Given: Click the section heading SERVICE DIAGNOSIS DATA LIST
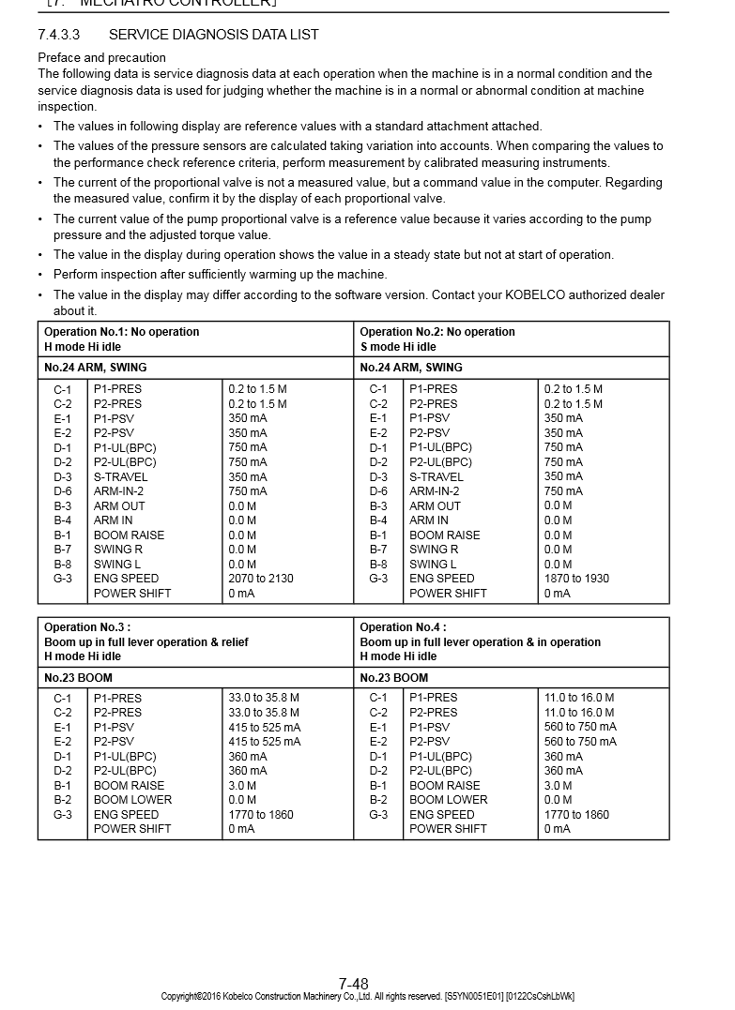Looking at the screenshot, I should (x=213, y=35).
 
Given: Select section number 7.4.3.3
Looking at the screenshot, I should (x=58, y=35).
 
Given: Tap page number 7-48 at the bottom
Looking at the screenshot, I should (x=353, y=984).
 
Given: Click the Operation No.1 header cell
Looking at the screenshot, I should (x=122, y=339).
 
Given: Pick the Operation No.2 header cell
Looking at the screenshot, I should (x=437, y=339).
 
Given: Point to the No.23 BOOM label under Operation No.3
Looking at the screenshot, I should (x=78, y=677).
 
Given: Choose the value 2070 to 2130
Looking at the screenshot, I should (x=260, y=579).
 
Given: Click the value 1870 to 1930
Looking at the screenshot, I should (x=576, y=579).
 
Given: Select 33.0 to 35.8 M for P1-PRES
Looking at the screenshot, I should (x=264, y=698).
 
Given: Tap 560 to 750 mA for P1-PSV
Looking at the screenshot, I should (x=580, y=727).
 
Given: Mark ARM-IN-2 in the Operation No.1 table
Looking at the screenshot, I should (x=119, y=491).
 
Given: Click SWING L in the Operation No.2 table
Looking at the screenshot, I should (x=433, y=565).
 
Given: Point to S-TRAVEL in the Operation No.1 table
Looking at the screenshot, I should (x=120, y=476).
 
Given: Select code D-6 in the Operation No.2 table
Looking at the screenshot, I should (x=378, y=491).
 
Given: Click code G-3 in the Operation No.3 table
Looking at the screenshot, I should (x=62, y=815).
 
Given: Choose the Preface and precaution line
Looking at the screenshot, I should (x=101, y=58).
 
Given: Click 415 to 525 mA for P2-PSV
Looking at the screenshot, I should (x=264, y=742).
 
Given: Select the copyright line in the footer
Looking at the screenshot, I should (x=367, y=997).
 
